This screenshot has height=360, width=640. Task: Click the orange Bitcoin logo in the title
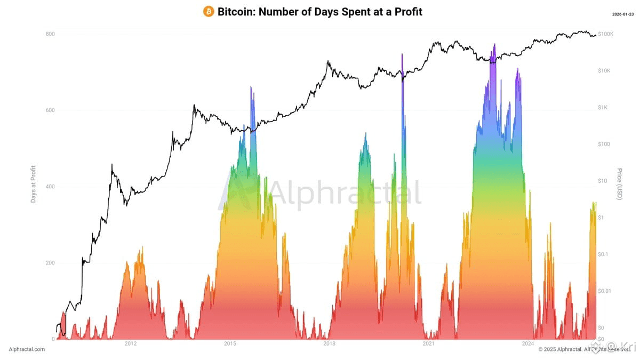209,12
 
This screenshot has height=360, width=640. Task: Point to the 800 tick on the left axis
50,34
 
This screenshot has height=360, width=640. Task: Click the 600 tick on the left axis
50,110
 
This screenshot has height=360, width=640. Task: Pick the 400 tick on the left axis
50,187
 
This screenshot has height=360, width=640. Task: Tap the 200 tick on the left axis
50,263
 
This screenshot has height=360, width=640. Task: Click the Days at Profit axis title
33,183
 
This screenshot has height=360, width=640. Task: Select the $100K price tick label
606,34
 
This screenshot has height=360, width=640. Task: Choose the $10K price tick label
605,71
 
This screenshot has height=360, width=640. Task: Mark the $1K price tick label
603,108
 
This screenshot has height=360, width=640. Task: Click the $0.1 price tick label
603,254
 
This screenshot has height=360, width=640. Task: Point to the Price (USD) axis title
619,184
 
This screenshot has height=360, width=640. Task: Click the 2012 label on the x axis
131,344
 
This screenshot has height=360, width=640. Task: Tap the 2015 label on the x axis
230,344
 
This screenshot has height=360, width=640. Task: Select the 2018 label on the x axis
329,344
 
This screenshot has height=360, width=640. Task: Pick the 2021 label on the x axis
428,344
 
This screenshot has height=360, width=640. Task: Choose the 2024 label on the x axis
527,344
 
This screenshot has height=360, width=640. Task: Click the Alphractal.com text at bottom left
27,349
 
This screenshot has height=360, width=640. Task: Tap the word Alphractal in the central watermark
344,193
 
